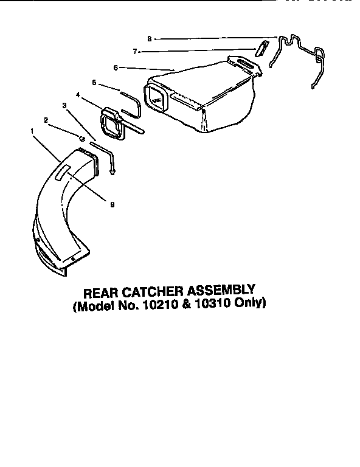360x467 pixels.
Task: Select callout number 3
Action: [65, 105]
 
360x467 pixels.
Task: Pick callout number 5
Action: [94, 81]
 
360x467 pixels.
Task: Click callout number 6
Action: [115, 67]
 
